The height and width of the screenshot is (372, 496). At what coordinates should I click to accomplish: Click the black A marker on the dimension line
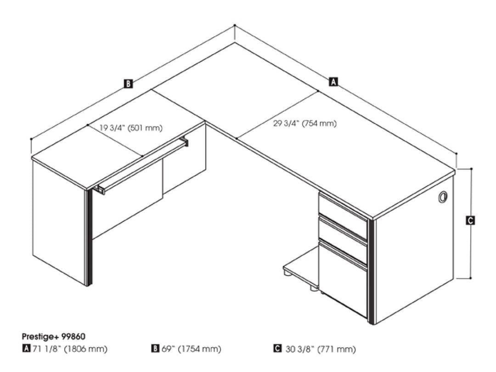[333, 82]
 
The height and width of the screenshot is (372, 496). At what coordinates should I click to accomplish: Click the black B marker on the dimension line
[128, 84]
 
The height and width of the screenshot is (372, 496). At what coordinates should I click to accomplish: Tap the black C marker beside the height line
[470, 220]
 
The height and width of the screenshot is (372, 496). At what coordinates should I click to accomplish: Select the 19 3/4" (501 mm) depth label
[131, 128]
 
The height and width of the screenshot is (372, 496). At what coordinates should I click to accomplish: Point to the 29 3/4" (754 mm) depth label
[305, 124]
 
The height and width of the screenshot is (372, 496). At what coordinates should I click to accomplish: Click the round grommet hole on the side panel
[443, 197]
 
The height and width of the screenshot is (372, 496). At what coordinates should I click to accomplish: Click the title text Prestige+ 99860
[53, 336]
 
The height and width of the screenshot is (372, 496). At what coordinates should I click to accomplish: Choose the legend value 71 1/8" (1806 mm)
[70, 349]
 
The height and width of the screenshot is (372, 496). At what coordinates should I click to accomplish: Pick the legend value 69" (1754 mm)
[192, 349]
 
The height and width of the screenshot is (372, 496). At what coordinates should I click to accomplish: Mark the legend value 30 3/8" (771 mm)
[321, 349]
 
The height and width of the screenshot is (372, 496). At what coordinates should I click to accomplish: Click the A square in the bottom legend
[27, 349]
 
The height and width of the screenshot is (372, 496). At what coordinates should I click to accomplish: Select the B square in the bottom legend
[155, 349]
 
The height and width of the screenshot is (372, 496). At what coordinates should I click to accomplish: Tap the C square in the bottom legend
[277, 349]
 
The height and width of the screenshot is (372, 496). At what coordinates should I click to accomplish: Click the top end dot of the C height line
[471, 169]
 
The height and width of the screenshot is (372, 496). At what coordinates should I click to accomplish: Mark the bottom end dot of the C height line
[471, 278]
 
